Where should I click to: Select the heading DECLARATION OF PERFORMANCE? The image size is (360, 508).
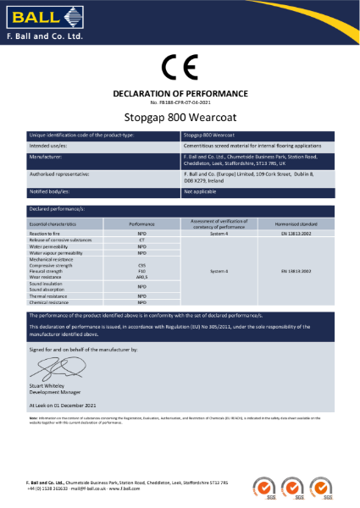pyautogui.click(x=180, y=92)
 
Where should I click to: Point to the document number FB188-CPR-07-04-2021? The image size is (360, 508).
pyautogui.click(x=180, y=102)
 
